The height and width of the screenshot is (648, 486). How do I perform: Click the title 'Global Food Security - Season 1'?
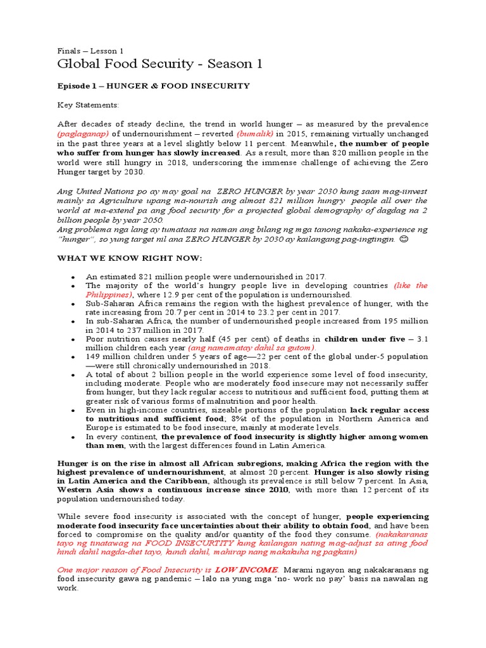point(159,64)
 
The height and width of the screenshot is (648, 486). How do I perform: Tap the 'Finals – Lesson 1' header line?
point(90,50)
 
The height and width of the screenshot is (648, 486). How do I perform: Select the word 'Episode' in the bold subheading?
point(75,86)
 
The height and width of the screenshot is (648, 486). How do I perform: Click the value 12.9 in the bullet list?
point(170,295)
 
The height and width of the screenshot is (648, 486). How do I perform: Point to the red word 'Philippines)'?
point(109,295)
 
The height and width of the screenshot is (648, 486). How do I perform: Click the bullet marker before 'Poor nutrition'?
point(73,340)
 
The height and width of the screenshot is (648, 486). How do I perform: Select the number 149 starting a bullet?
point(94,357)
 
